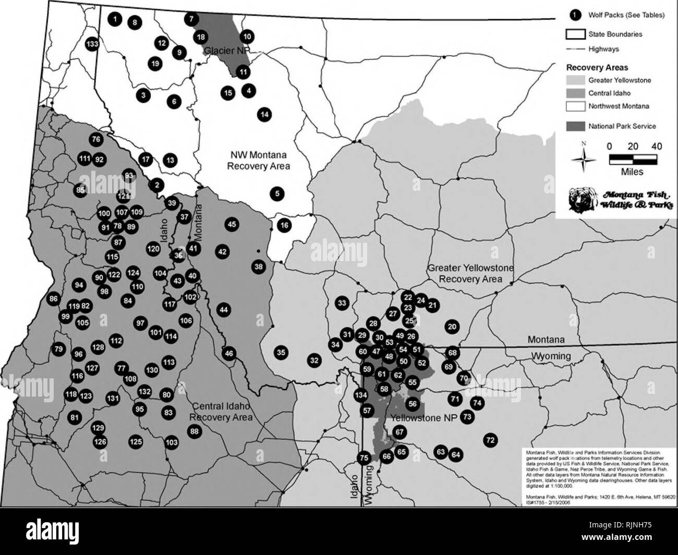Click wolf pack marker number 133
tap(92, 44)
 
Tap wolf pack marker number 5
tap(277, 194)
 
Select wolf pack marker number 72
tap(490, 440)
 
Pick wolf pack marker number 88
tap(195, 431)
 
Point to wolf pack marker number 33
tap(342, 303)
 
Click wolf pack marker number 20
tap(452, 327)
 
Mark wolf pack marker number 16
tap(284, 226)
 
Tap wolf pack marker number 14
tap(264, 114)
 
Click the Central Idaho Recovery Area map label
tap(221, 412)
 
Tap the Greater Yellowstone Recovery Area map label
tap(470, 274)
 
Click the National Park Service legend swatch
tap(576, 126)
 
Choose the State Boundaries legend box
tap(576, 34)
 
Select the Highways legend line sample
tap(576, 49)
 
